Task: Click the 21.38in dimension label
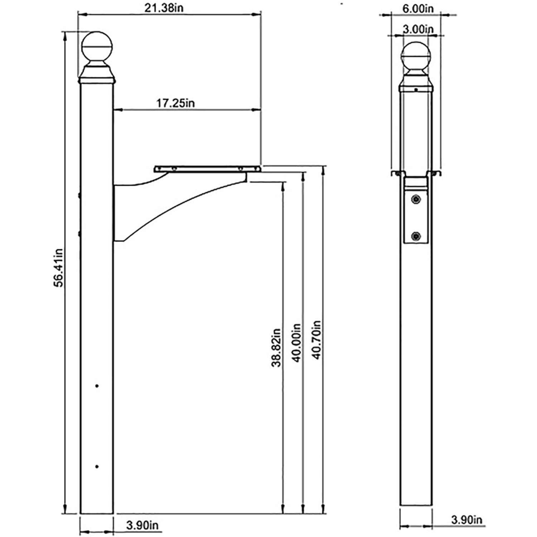tap(164, 8)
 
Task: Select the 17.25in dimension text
tap(175, 103)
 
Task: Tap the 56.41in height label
tap(59, 267)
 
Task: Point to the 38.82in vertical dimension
tap(276, 348)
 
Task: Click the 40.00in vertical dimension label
tap(297, 343)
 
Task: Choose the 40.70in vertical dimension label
tap(317, 340)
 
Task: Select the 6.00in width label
tap(418, 9)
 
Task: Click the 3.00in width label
tap(418, 29)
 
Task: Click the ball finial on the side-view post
tap(97, 47)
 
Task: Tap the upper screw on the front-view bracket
tap(416, 199)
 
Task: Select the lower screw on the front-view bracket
tap(416, 236)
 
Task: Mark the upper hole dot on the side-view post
tap(97, 386)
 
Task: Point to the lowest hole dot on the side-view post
tap(97, 466)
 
